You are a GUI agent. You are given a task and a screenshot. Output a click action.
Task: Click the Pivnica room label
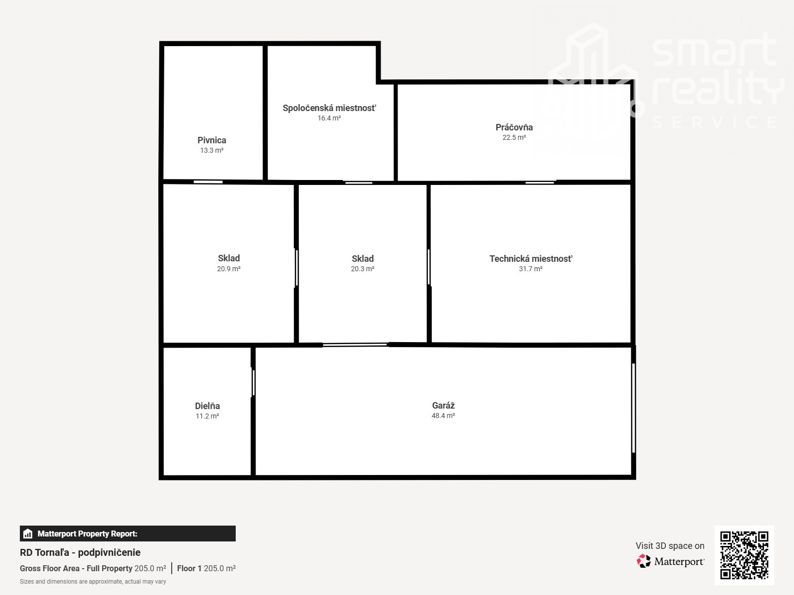211,140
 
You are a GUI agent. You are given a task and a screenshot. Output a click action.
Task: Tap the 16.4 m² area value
329,118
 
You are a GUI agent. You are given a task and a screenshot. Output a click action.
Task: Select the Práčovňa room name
514,127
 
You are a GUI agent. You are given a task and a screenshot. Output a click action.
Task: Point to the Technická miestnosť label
530,259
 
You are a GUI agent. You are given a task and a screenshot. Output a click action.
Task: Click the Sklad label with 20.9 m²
229,258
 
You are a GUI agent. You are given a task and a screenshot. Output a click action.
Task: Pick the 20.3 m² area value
362,269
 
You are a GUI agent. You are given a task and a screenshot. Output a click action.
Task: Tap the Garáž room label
443,405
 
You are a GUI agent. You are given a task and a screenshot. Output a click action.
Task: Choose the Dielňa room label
207,406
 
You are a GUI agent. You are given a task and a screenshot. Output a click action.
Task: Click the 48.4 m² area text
443,416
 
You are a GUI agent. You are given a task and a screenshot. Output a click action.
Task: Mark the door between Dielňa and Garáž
253,383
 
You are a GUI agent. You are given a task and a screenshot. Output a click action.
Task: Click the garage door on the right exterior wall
633,408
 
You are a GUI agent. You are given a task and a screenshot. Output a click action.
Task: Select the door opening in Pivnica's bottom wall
208,181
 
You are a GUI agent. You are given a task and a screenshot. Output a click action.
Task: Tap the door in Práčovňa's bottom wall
540,182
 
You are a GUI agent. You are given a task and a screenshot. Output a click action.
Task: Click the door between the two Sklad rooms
297,268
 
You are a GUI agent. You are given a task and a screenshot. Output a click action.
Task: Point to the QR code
744,555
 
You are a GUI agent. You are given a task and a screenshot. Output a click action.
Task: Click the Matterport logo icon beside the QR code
644,561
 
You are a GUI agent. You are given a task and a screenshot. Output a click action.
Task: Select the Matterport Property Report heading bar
128,534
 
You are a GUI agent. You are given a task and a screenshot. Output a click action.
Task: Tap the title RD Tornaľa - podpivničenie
80,552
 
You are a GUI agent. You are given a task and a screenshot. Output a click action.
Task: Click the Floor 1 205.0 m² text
206,568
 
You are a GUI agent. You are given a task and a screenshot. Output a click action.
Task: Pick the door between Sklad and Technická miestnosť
429,267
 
